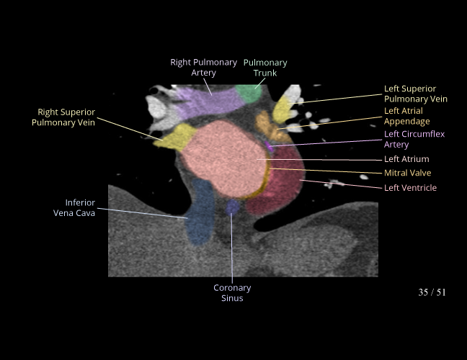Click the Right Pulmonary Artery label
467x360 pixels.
coord(203,68)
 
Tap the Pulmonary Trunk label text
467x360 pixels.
coord(264,68)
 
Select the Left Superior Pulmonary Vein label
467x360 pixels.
coord(415,94)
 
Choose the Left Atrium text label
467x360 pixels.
coord(406,159)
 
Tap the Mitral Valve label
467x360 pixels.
coord(407,174)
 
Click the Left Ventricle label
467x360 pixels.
coord(410,188)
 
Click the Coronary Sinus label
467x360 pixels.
coord(232,293)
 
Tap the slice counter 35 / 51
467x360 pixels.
coord(432,292)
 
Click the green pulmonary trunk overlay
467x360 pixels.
coord(249,93)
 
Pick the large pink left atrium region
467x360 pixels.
coord(223,158)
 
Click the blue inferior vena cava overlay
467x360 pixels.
coord(199,216)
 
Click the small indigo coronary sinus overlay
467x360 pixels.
coord(232,207)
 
